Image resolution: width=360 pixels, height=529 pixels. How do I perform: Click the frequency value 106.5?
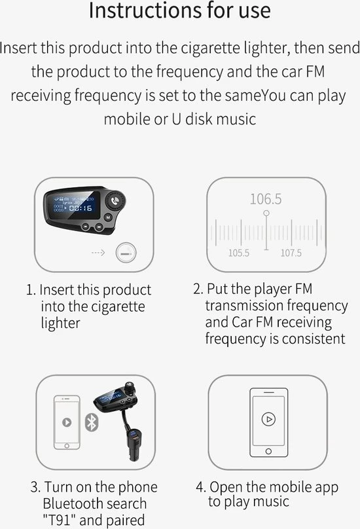(266, 199)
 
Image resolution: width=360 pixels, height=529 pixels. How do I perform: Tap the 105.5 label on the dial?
(238, 253)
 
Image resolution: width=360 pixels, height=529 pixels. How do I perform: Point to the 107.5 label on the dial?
(291, 253)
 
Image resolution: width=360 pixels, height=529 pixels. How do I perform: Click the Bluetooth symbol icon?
(91, 422)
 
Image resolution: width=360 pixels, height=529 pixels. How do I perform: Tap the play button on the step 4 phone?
(268, 420)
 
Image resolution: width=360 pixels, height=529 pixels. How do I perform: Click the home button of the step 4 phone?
(268, 451)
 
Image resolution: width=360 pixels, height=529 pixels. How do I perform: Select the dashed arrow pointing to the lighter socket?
(98, 252)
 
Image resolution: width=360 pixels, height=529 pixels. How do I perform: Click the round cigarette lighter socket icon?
(126, 253)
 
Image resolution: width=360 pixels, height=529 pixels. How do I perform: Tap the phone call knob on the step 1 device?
(115, 201)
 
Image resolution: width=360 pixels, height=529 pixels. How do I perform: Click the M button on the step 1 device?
(108, 217)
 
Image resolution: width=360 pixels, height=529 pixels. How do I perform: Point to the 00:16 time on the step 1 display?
(81, 208)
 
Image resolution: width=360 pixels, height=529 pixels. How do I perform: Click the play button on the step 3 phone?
(67, 422)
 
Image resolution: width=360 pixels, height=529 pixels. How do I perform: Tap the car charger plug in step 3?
(134, 444)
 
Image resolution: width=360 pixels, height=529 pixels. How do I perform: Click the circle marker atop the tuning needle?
(266, 213)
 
